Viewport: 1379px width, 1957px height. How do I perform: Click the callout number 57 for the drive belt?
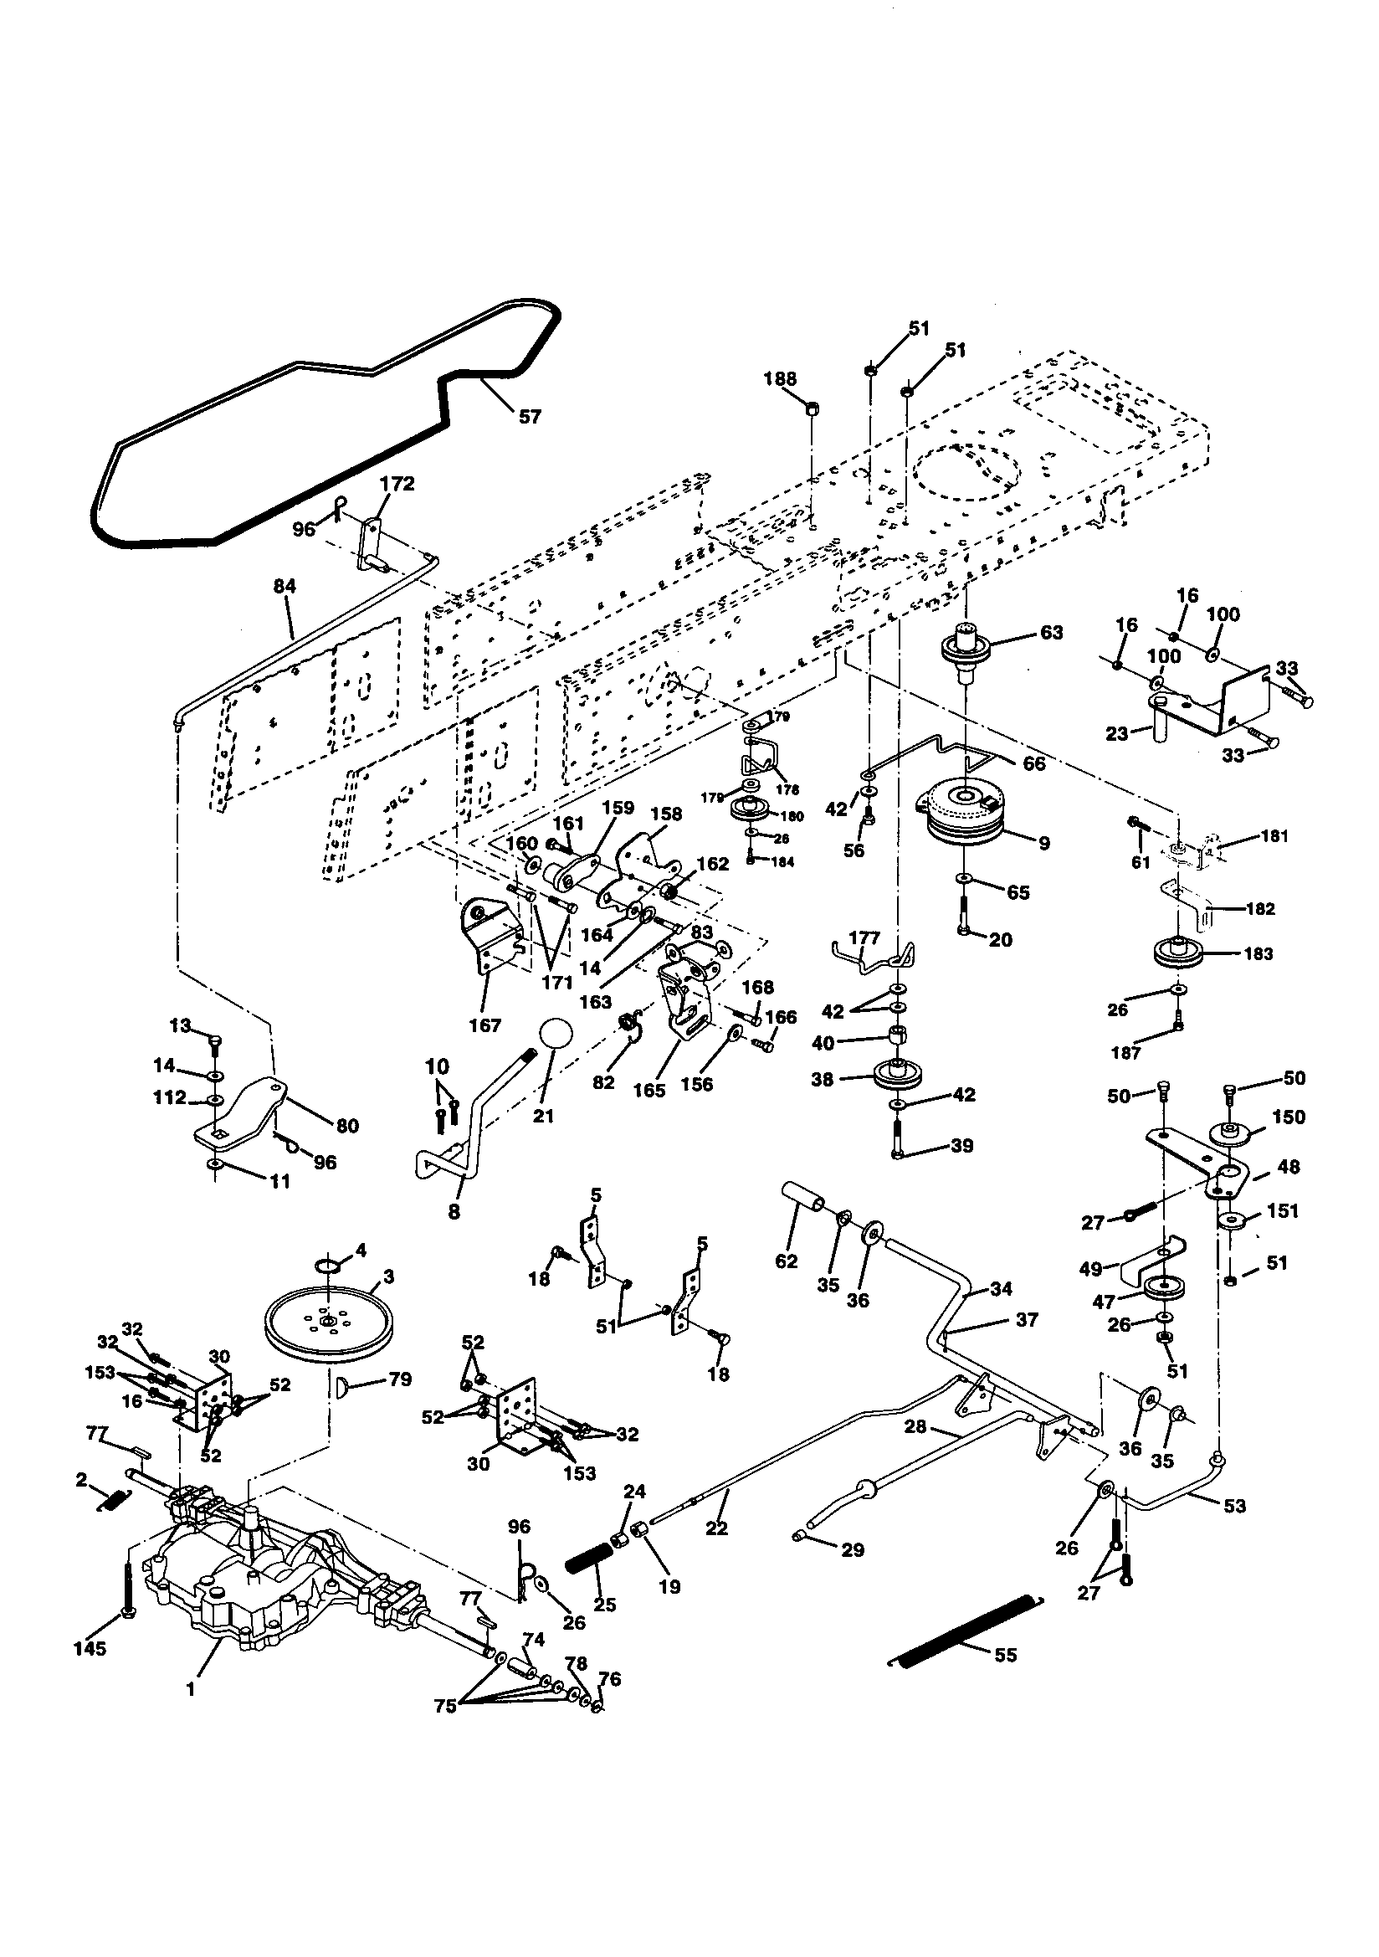[x=530, y=417]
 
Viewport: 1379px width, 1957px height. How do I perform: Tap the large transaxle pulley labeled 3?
[x=327, y=1322]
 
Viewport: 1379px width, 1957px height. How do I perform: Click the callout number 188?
[x=779, y=379]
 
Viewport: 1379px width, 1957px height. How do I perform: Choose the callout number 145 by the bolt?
[x=90, y=1648]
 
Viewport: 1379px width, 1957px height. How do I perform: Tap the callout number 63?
[x=1051, y=633]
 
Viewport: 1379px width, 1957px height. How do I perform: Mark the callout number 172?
[x=397, y=484]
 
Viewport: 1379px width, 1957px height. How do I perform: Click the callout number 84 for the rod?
[x=285, y=587]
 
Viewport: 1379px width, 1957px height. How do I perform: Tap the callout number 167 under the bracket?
[x=484, y=1025]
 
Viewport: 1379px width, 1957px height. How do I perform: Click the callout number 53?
[x=1233, y=1506]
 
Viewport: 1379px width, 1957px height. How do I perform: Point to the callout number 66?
[x=1033, y=763]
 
